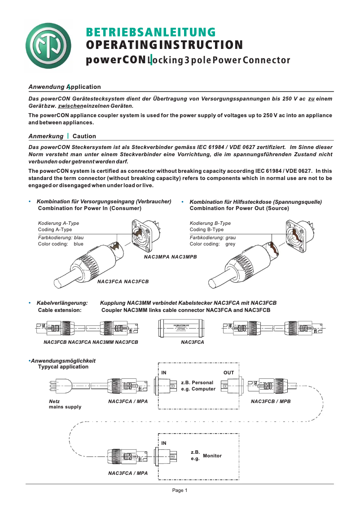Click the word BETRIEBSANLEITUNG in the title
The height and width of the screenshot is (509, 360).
[x=151, y=32]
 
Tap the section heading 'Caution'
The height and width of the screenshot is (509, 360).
[x=84, y=136]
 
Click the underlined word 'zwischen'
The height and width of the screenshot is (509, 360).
[x=71, y=106]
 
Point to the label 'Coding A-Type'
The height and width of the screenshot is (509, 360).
[x=55, y=229]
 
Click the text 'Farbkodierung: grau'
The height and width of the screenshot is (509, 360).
[x=212, y=237]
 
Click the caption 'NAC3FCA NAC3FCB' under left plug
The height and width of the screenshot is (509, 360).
[x=123, y=281]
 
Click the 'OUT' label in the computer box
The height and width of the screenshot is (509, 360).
[x=228, y=373]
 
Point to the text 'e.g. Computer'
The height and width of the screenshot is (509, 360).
[x=198, y=389]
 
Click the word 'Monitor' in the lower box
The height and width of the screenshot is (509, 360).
[x=212, y=456]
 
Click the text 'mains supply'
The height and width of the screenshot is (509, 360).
[x=65, y=407]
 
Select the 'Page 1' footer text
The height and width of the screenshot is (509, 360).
[x=180, y=491]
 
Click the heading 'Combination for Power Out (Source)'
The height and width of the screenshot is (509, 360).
[x=239, y=208]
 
